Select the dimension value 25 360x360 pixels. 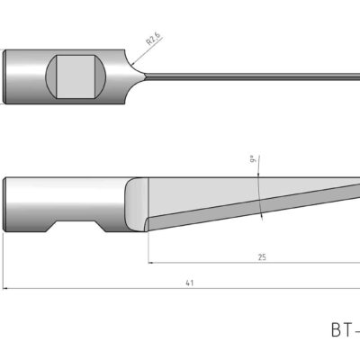261,257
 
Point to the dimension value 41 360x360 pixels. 189,283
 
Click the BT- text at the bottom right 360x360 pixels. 343,330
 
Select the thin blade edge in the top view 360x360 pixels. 252,76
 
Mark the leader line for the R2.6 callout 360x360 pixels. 139,52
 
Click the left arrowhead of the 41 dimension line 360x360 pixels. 8,289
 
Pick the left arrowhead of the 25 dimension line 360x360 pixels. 151,264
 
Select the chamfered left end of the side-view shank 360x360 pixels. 8,204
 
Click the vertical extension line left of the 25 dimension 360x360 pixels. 147,247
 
